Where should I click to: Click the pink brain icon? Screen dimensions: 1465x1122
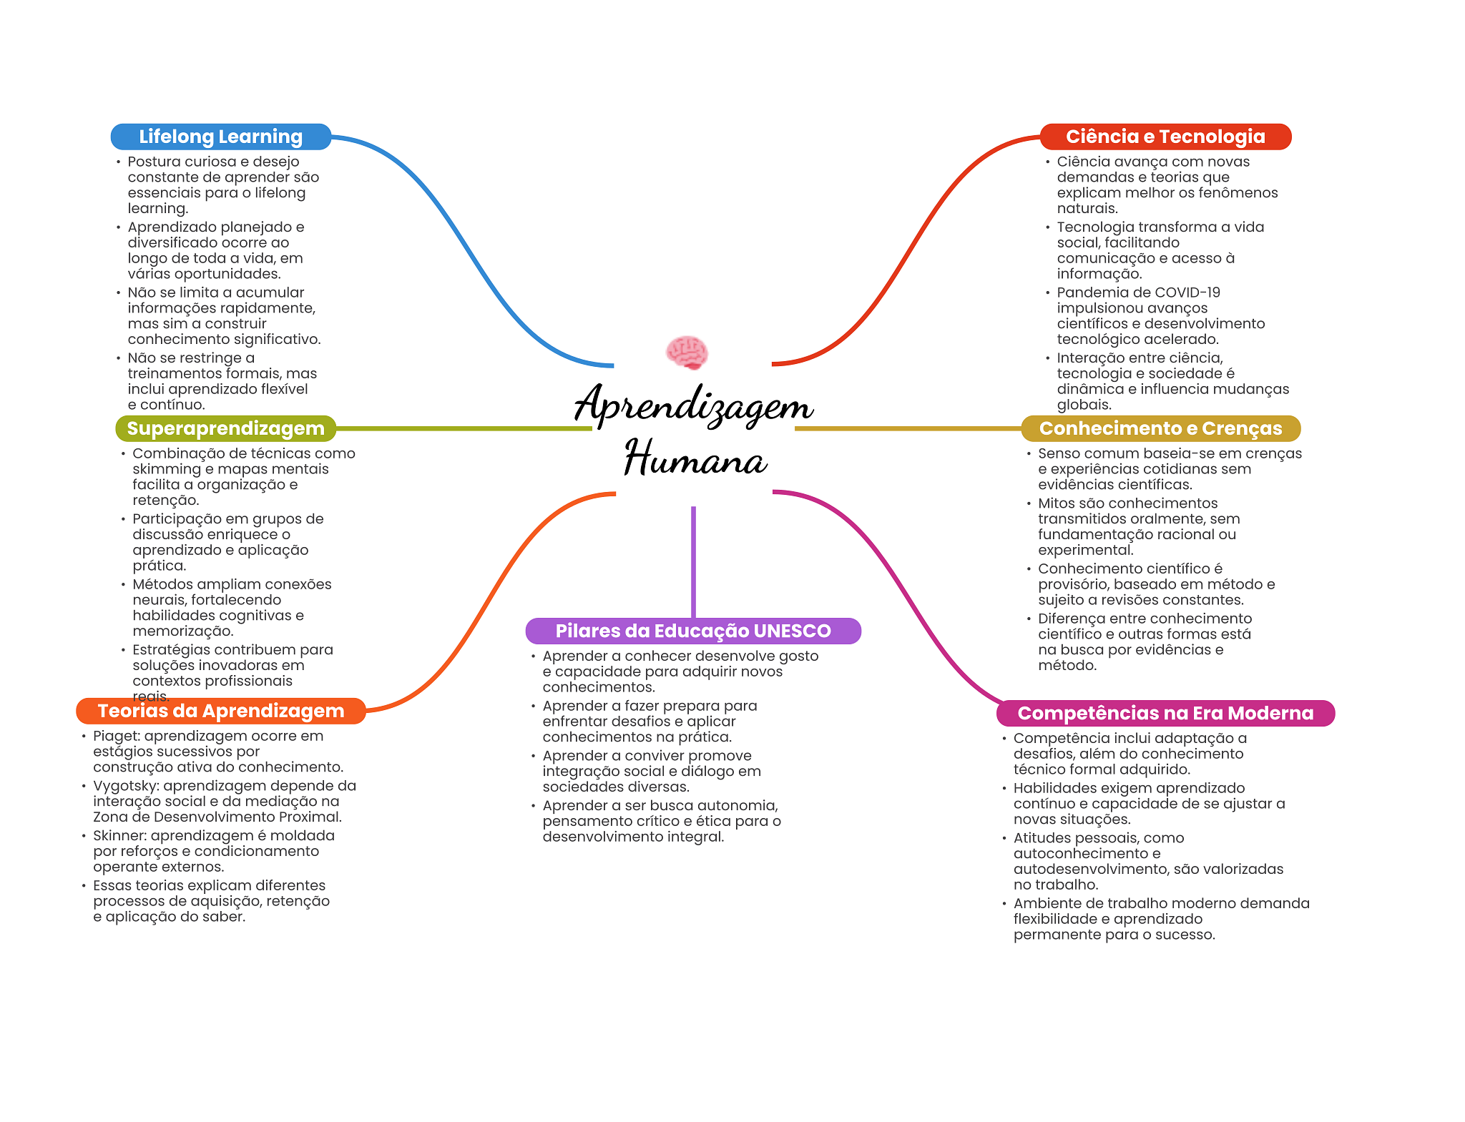click(687, 353)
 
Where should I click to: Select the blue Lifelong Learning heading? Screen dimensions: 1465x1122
click(220, 137)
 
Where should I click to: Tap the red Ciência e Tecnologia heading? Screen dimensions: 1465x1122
click(1165, 137)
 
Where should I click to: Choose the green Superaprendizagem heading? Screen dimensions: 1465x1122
click(225, 428)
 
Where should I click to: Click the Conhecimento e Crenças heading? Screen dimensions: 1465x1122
click(1160, 428)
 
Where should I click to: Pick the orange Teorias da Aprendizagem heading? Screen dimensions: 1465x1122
click(221, 711)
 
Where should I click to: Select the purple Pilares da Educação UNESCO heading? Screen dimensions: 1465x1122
click(693, 631)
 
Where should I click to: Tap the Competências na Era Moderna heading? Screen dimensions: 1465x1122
click(1165, 713)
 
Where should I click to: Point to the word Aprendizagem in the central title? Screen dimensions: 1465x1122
click(694, 405)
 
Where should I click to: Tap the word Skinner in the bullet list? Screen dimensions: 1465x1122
click(119, 835)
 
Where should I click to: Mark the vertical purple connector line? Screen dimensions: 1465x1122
click(693, 562)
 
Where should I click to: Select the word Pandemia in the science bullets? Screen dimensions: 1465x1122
click(1086, 292)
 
